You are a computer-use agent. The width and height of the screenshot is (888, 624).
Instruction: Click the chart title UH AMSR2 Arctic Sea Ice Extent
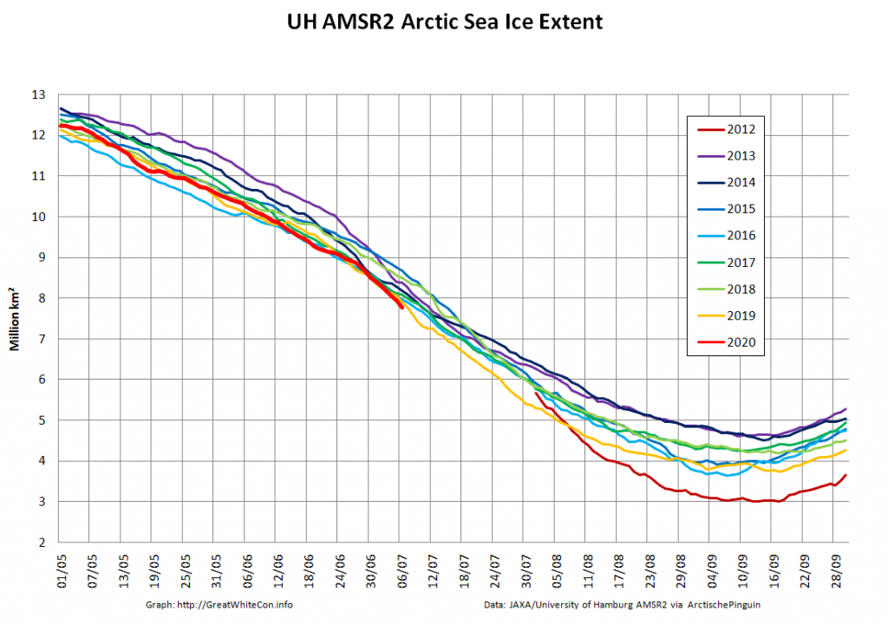(x=444, y=20)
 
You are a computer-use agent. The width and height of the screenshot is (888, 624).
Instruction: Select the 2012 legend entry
(x=728, y=130)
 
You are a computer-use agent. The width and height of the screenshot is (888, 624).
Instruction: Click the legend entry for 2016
(x=728, y=236)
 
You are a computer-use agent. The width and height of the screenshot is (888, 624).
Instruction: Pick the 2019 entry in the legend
(x=728, y=315)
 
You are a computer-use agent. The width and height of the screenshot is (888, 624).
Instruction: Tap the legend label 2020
(x=728, y=342)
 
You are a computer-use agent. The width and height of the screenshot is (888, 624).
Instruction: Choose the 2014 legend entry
(x=728, y=183)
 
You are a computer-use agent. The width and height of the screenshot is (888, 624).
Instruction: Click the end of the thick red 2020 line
(x=401, y=307)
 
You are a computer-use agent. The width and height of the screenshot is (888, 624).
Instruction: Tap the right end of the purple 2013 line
(x=846, y=408)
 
